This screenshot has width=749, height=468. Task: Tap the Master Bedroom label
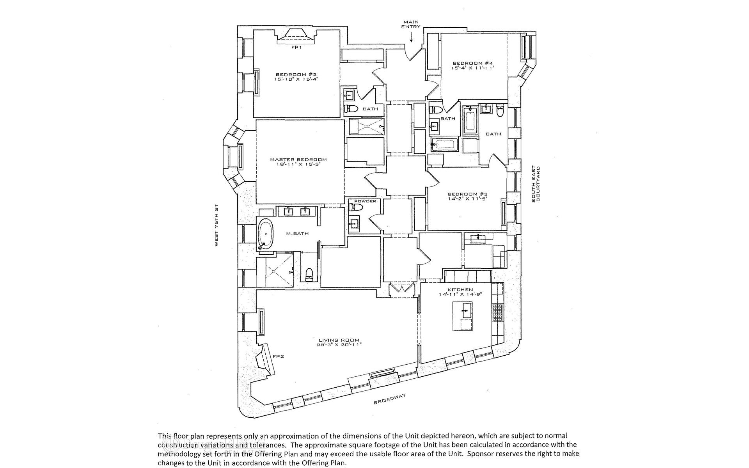click(x=298, y=159)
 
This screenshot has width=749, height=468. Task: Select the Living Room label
click(x=338, y=340)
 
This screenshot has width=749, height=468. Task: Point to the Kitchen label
click(x=460, y=290)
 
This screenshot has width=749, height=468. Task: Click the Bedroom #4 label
click(x=473, y=63)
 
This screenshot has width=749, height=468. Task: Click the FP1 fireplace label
click(x=297, y=48)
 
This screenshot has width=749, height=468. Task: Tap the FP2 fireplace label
click(x=278, y=356)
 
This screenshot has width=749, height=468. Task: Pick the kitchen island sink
click(x=465, y=311)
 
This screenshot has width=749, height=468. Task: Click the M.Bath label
click(x=297, y=234)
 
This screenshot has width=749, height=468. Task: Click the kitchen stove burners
click(x=497, y=312)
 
